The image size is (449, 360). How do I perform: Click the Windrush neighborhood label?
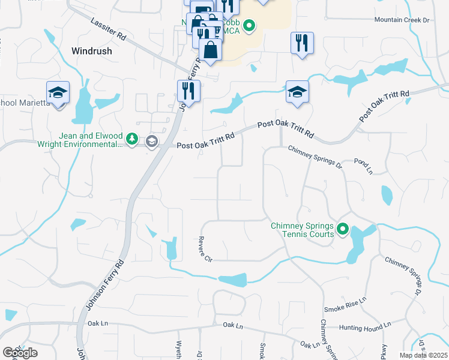92,51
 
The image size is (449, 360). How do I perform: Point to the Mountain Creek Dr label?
402,20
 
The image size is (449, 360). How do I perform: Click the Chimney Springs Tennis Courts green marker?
343,229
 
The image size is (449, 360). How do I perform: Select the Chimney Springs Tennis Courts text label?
302,230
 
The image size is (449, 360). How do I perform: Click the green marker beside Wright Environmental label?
133,140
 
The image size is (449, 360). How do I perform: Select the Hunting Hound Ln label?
364,327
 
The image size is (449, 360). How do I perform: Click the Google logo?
19,353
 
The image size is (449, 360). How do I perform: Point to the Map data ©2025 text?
423,355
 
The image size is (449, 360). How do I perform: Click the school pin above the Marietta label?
58,93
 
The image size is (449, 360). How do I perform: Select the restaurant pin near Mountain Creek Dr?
302,43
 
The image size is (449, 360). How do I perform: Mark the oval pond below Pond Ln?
387,195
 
